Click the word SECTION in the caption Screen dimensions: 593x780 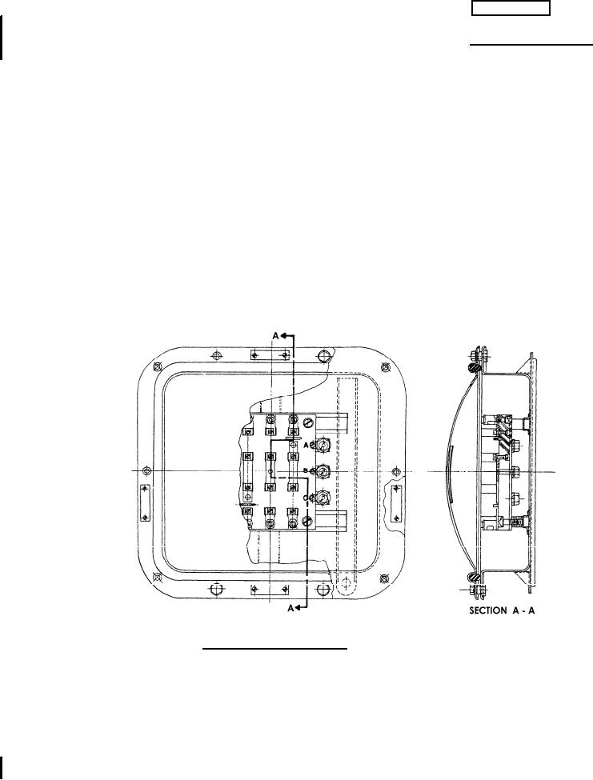[x=488, y=610]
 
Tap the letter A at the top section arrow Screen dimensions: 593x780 [x=275, y=336]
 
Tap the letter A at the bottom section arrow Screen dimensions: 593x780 [x=291, y=608]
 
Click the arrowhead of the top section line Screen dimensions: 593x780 [x=283, y=336]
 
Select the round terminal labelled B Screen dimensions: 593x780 [x=323, y=471]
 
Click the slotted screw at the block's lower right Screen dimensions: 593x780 [x=308, y=521]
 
